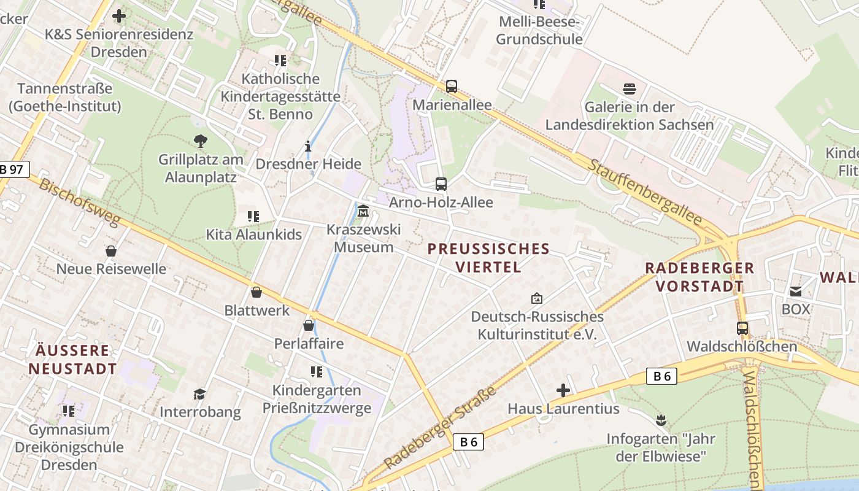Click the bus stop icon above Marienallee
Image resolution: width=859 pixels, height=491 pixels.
pos(452,87)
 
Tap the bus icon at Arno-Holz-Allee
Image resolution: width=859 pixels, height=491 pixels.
pos(441,184)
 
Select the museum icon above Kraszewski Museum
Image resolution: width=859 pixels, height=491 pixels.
pos(363,211)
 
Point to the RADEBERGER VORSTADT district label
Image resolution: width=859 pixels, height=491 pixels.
pos(699,277)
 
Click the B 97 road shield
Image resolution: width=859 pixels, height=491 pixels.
pos(13,170)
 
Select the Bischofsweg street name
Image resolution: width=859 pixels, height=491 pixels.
pos(79,203)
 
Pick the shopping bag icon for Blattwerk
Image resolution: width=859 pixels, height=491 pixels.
pos(256,292)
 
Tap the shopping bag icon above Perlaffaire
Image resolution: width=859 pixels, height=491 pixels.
pos(309,325)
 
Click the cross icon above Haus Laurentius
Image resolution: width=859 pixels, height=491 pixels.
pos(563,390)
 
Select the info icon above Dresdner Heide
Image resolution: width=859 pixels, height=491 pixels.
pos(308,146)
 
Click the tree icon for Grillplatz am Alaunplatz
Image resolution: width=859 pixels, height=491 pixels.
pos(200,141)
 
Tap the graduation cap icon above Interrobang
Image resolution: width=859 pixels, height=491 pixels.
pos(200,393)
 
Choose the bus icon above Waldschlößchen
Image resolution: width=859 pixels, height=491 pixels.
pos(742,328)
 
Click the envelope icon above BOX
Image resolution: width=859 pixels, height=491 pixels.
pos(796,291)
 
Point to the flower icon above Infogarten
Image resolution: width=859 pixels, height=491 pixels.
pos(661,421)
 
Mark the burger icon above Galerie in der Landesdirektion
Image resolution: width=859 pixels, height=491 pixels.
pos(630,89)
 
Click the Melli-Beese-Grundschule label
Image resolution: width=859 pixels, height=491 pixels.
pos(539,31)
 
